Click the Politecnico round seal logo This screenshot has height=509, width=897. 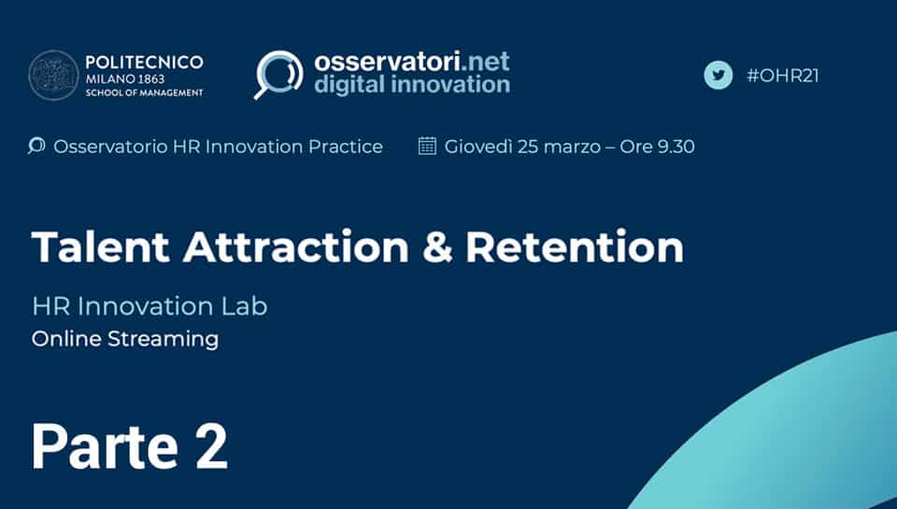click(x=54, y=76)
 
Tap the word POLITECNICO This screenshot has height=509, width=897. click(x=144, y=62)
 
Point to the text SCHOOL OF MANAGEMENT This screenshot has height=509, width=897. click(x=144, y=92)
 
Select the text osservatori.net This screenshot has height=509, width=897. click(x=412, y=62)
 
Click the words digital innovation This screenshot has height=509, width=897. click(x=412, y=85)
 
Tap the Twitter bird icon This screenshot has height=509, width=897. click(x=718, y=76)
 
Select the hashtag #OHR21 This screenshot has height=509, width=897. click(x=783, y=76)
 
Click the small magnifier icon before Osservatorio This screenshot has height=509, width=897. click(x=36, y=146)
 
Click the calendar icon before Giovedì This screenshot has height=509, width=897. click(x=427, y=146)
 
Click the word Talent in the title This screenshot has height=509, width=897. click(x=101, y=247)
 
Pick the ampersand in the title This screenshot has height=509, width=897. click(x=436, y=247)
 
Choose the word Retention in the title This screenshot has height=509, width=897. click(x=575, y=247)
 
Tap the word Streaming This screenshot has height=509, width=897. click(x=163, y=340)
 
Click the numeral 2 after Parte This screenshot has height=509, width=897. click(x=211, y=446)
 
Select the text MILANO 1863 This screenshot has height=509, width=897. click(x=125, y=79)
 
